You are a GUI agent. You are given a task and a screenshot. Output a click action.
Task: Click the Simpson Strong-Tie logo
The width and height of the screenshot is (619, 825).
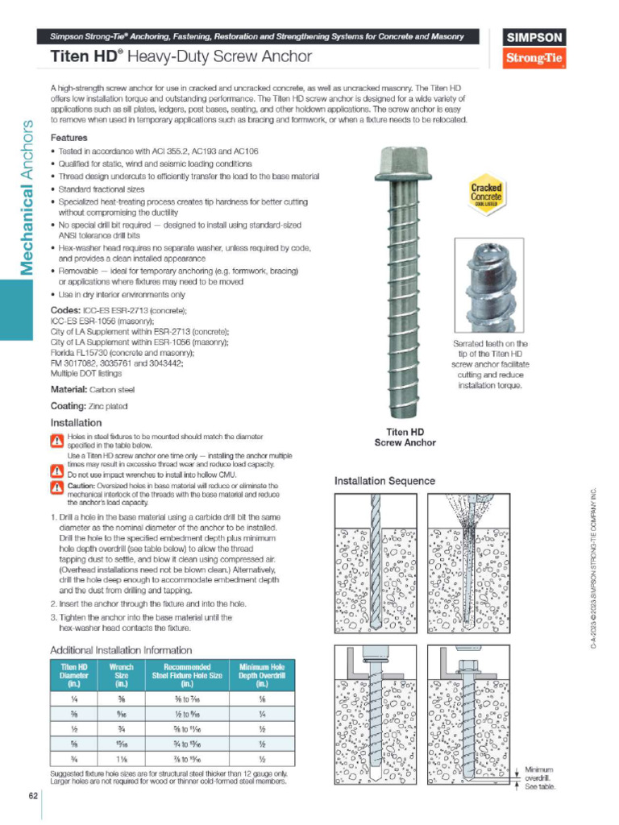tap(534, 48)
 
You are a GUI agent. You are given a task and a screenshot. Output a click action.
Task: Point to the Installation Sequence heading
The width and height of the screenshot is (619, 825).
tap(384, 481)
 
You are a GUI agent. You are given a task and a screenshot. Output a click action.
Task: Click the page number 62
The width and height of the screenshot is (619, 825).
tap(32, 796)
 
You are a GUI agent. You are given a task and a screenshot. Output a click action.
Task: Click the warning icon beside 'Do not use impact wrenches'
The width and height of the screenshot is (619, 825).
tap(56, 475)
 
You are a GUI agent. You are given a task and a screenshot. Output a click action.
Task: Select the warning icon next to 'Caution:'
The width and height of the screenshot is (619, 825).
tap(56, 488)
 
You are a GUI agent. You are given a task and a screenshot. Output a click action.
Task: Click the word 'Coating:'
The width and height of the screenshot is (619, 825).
tap(67, 406)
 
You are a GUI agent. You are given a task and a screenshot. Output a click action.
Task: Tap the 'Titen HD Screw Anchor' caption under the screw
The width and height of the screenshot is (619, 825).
tap(405, 437)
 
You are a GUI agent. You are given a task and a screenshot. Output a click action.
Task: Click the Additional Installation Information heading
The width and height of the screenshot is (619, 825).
tap(121, 649)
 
